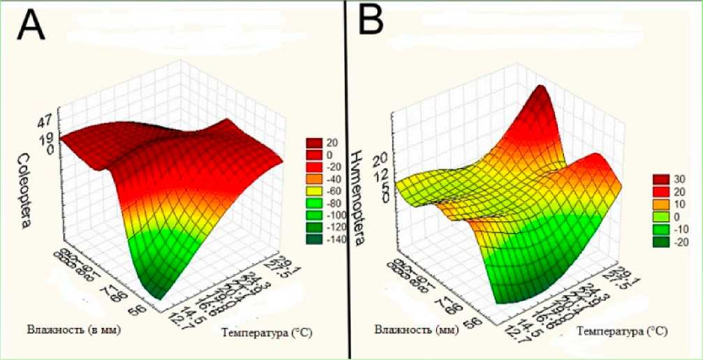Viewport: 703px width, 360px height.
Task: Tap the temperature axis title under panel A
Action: tap(263, 333)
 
